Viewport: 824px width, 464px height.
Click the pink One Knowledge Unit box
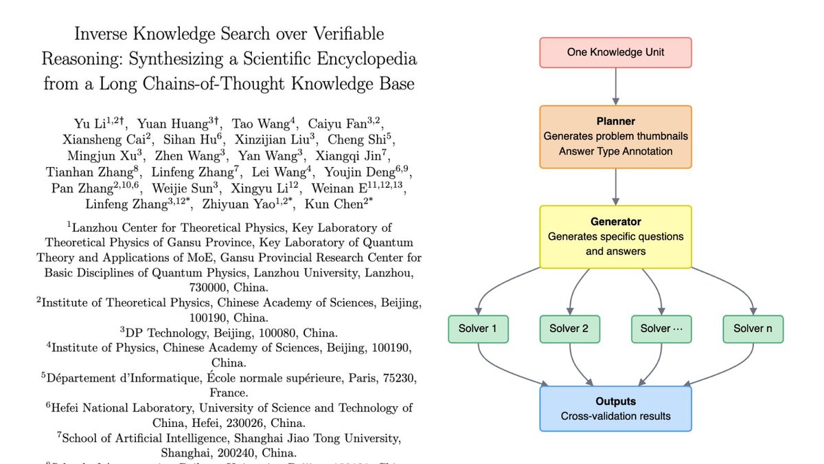coord(615,52)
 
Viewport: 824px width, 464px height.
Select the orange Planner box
coord(615,137)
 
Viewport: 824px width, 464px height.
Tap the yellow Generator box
coord(615,236)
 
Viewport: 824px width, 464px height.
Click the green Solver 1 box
coord(478,329)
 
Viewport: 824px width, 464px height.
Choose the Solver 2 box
coord(570,329)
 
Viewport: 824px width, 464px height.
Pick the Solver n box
coord(753,329)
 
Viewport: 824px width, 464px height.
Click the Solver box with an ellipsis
coord(661,329)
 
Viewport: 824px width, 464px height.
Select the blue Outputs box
coord(615,409)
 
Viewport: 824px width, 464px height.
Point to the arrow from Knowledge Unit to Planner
coord(615,87)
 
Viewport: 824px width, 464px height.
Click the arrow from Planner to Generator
coord(615,187)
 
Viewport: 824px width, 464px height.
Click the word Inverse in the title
coord(101,34)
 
